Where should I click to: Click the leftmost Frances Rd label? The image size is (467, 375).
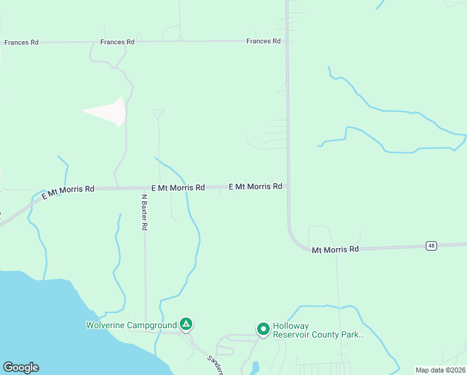21,42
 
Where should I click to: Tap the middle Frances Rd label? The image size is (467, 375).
117,42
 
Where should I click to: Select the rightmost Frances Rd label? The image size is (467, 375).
263,41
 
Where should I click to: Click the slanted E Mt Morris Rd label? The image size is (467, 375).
67,192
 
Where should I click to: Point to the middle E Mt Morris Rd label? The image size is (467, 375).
178,187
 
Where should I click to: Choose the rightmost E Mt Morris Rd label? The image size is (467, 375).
255,186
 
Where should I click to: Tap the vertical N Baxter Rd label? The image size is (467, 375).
144,212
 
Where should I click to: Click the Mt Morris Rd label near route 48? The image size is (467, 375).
336,249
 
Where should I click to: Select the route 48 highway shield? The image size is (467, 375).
431,246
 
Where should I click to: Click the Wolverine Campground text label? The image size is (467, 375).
130,325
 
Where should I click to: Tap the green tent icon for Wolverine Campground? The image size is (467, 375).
185,324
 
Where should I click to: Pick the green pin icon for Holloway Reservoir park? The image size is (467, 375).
263,329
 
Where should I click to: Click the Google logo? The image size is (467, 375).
21,367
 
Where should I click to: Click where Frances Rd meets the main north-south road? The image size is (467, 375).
287,41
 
